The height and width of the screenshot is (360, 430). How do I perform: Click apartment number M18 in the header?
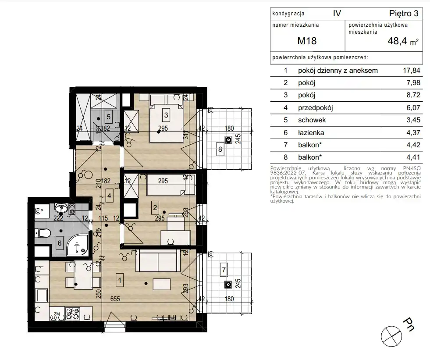pos(307,41)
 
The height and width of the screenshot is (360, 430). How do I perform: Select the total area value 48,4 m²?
pos(403,41)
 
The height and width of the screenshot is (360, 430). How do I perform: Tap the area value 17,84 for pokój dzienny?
pos(411,70)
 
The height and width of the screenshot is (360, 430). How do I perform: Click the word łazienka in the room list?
pos(311,132)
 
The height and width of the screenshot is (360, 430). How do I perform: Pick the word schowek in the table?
pos(312,120)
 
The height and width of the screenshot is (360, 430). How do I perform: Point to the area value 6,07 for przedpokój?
pos(413,107)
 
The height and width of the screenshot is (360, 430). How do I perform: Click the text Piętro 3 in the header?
pos(404,13)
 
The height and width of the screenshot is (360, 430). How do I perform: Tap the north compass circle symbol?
pos(391,336)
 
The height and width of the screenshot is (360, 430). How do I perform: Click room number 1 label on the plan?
pos(120,280)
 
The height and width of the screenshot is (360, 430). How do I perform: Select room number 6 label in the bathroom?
pos(60,242)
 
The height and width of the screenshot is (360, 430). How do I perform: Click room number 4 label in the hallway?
pos(110,196)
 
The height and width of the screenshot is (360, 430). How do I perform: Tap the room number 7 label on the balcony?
pos(224,270)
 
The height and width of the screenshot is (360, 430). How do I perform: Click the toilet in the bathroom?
pos(43,233)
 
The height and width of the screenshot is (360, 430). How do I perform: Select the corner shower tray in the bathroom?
pos(78,246)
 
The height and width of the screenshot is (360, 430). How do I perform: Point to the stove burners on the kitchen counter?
pos(72,314)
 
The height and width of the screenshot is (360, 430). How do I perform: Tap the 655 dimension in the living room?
pos(115,299)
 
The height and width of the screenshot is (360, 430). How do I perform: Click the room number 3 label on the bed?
pos(166,115)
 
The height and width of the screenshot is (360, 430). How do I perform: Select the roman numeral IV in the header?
pos(337,13)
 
